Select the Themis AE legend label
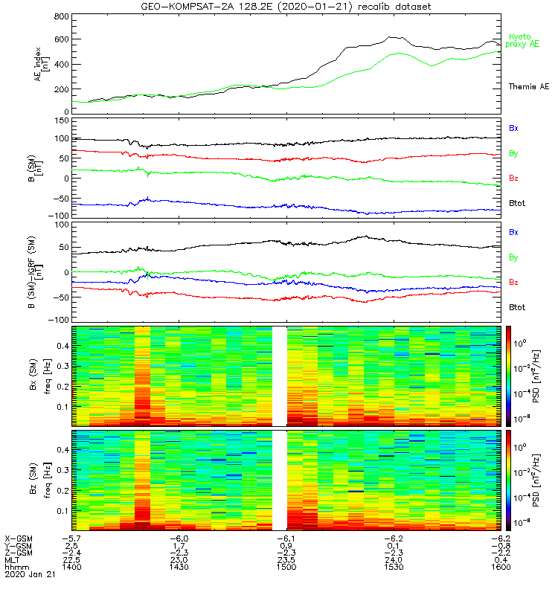tap(528, 87)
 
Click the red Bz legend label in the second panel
tap(514, 178)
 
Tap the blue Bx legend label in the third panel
tap(514, 232)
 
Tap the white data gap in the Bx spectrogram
tap(279, 376)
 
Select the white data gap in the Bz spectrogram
tap(279, 480)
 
